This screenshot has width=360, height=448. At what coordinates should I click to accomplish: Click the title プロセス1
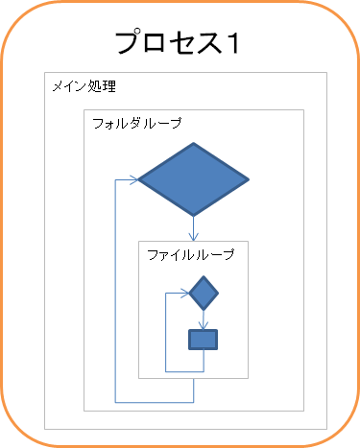177,42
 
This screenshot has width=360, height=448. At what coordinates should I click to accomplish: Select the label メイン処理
84,86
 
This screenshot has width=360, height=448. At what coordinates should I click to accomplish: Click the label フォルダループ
137,123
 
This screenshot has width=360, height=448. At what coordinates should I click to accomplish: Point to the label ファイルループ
191,255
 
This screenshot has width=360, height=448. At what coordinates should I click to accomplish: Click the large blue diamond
193,179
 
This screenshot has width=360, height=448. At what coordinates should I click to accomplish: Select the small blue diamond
204,293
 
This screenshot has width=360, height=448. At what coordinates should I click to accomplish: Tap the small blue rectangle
203,340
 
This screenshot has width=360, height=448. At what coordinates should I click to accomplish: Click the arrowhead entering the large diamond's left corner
133,179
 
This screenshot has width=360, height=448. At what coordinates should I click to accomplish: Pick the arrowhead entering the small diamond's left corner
185,293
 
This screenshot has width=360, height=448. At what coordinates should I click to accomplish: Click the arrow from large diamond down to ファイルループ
193,228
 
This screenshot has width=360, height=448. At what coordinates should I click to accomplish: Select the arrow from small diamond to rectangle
204,319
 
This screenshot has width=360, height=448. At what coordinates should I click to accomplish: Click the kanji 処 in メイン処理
94,86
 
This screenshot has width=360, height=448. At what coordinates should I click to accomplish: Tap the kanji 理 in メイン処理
108,86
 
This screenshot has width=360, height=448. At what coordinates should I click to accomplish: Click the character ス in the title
209,43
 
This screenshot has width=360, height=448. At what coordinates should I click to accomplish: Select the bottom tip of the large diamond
193,216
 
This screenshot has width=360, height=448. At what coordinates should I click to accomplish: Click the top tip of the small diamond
204,276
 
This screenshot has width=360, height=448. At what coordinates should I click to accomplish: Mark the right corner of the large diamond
250,179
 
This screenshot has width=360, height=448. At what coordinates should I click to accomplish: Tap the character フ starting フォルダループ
98,123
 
